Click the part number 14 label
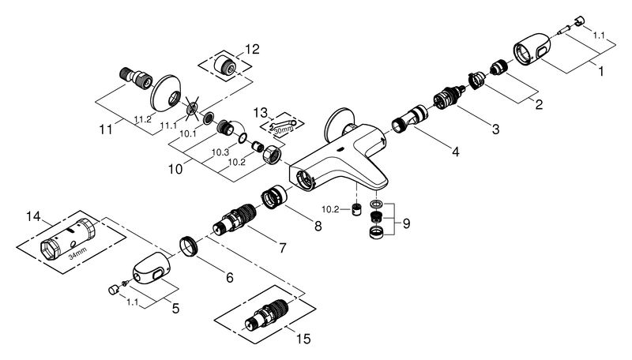[32, 215]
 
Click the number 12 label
[252, 49]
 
